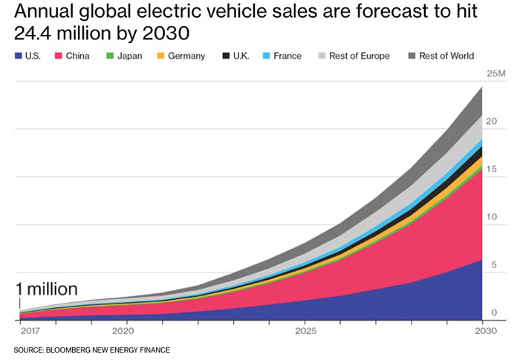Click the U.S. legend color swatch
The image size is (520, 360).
(18, 56)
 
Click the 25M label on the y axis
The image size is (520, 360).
(495, 75)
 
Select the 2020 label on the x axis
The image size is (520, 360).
(123, 331)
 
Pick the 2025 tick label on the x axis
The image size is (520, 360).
(305, 331)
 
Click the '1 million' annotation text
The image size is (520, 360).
(47, 290)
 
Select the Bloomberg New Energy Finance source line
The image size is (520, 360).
(92, 349)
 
